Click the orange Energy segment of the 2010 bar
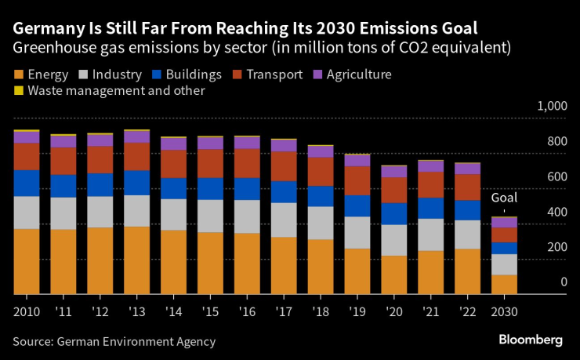pyautogui.click(x=27, y=261)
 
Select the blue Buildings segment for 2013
pyautogui.click(x=136, y=182)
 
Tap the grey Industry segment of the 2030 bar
pyautogui.click(x=504, y=264)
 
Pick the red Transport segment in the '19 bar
pyautogui.click(x=357, y=180)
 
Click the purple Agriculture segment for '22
pyautogui.click(x=467, y=169)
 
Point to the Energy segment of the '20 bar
pyautogui.click(x=394, y=275)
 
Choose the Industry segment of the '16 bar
pyautogui.click(x=247, y=216)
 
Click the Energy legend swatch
pyautogui.click(x=18, y=75)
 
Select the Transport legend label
pyautogui.click(x=274, y=75)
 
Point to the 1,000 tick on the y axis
pyautogui.click(x=551, y=107)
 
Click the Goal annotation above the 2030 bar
pyautogui.click(x=504, y=199)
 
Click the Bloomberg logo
pyautogui.click(x=531, y=340)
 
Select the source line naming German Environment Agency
pyautogui.click(x=114, y=342)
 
